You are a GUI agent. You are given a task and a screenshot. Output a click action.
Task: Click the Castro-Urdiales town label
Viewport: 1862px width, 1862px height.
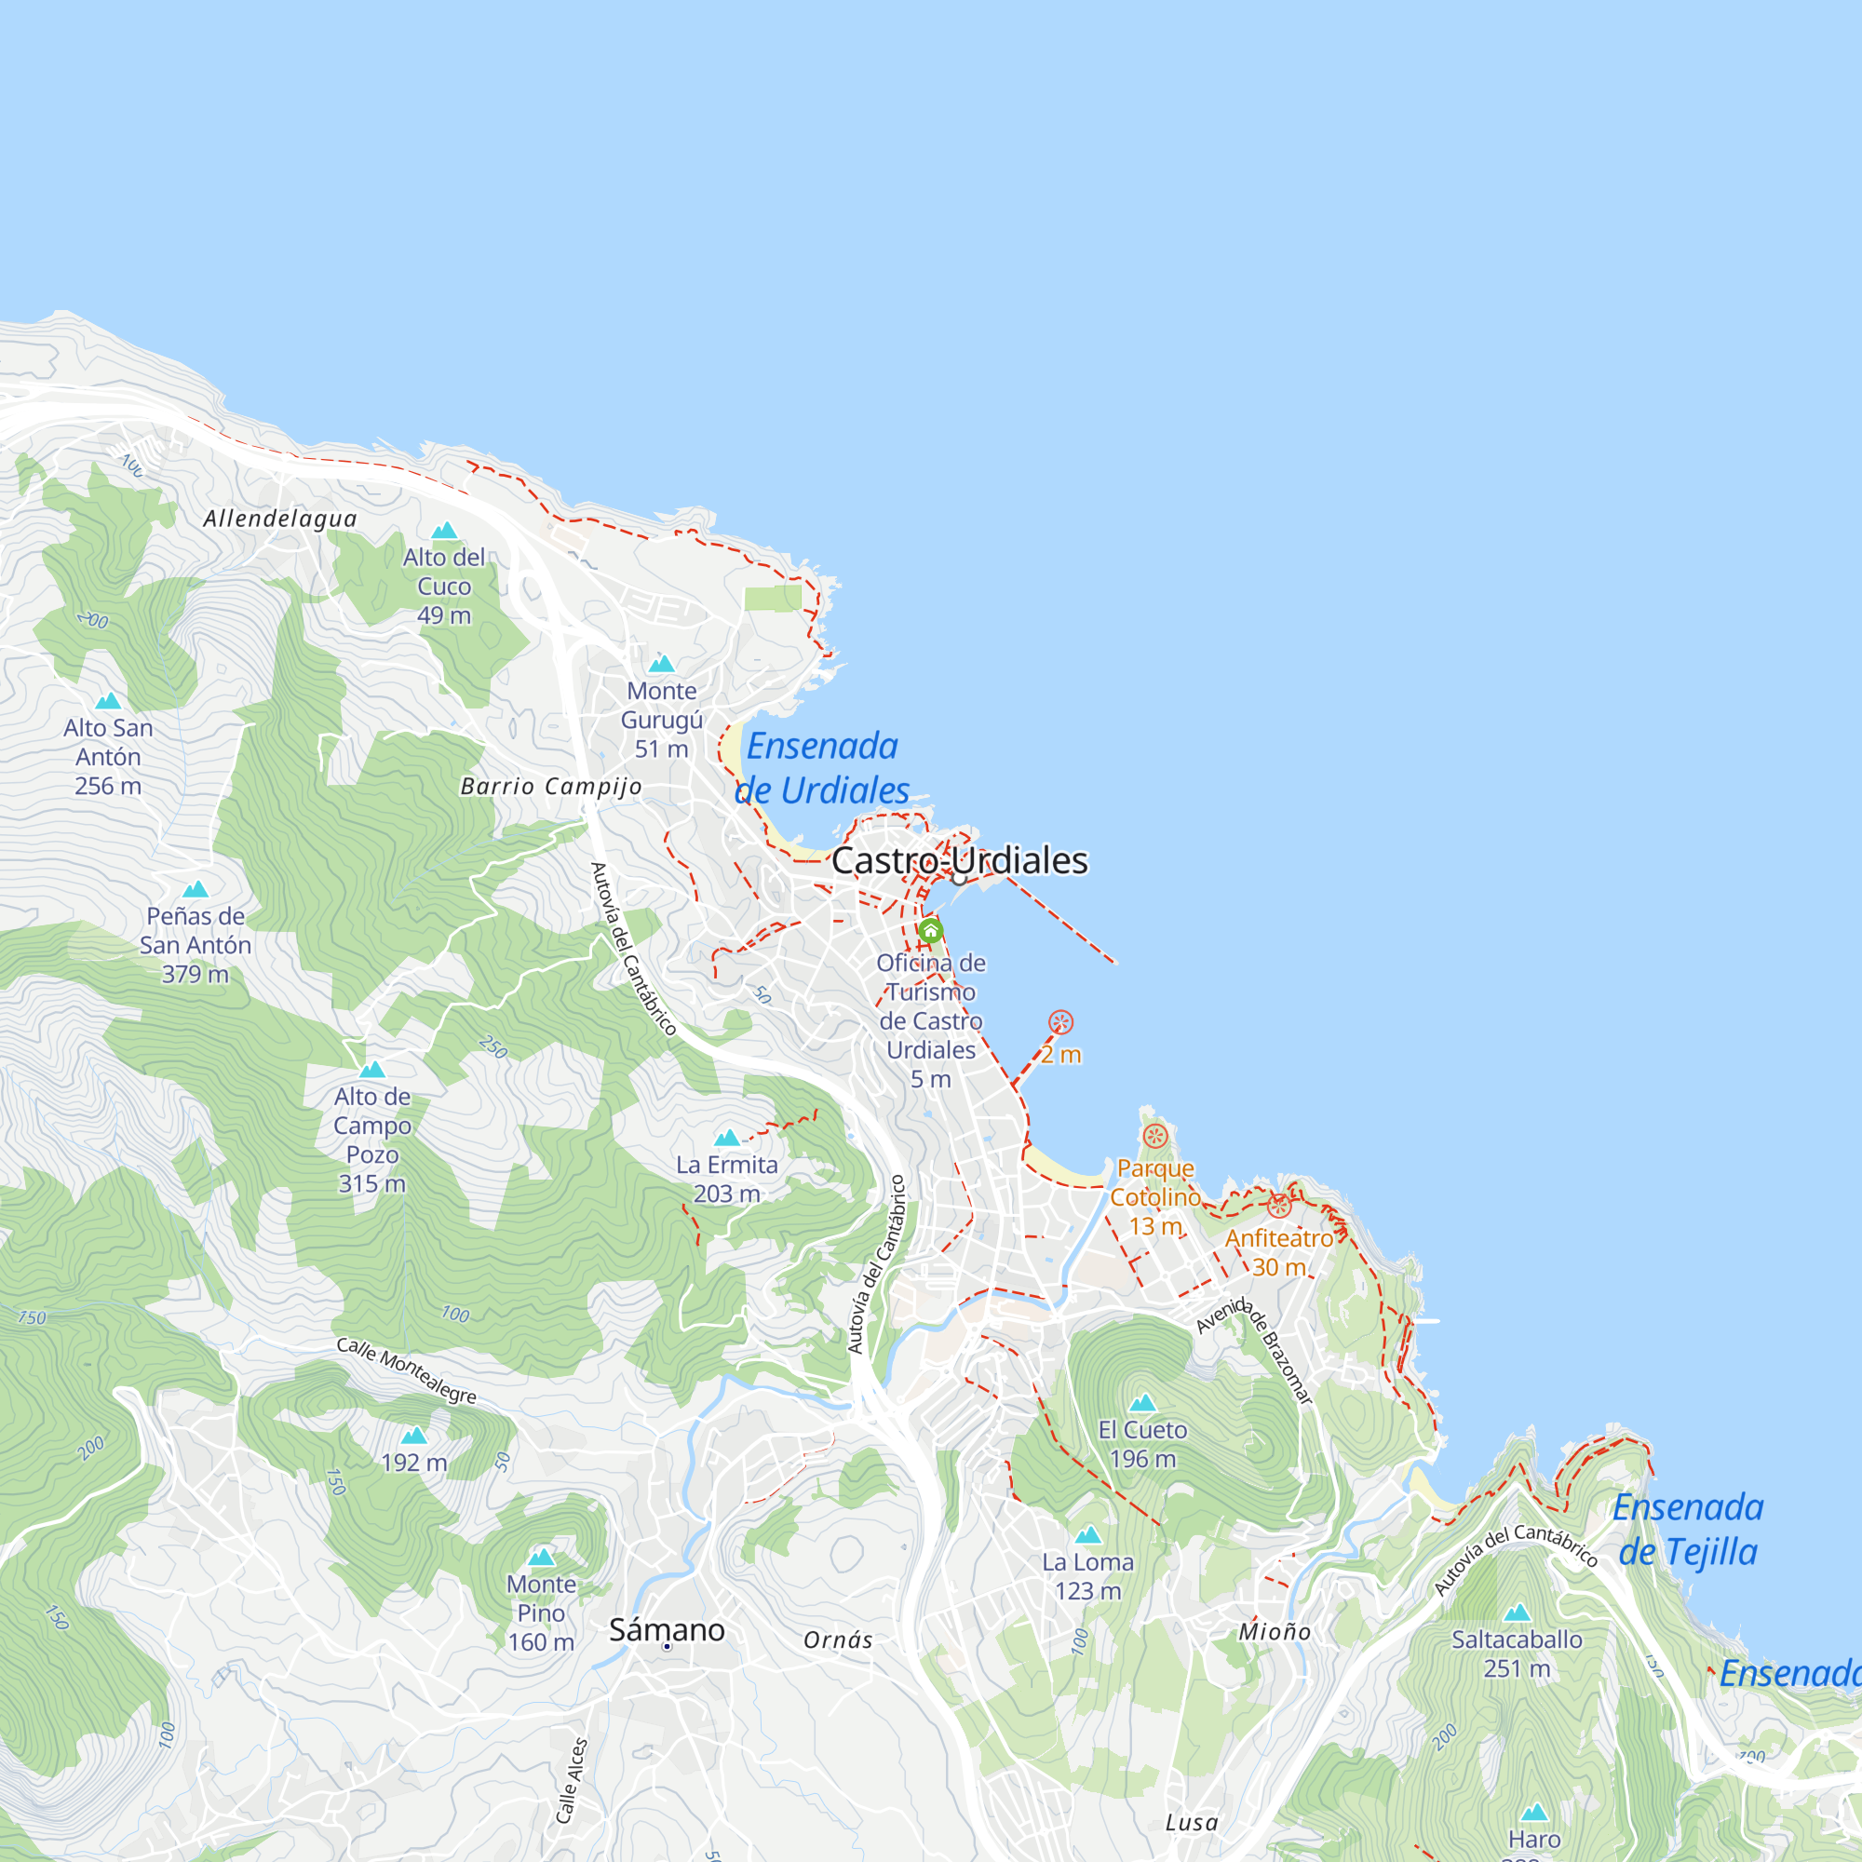tap(959, 860)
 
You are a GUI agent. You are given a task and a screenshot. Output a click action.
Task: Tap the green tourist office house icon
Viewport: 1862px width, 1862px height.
tap(930, 931)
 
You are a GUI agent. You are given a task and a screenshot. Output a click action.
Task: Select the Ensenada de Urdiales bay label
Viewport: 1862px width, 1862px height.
tap(822, 768)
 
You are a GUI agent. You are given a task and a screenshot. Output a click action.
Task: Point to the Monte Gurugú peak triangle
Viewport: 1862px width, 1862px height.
tap(661, 664)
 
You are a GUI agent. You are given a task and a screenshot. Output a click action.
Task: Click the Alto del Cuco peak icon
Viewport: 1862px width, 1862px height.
tap(444, 530)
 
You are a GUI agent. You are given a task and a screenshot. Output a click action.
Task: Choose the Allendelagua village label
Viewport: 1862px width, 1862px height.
tap(279, 519)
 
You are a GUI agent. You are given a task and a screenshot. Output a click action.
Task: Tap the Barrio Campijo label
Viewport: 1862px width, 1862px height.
tap(551, 787)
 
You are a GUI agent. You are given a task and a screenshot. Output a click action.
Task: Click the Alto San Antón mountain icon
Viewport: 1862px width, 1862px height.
tap(108, 701)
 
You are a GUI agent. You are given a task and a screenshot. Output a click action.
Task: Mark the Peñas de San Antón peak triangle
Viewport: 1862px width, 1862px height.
tap(196, 888)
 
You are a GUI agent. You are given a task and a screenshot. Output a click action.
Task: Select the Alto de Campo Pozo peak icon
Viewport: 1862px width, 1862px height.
tap(372, 1069)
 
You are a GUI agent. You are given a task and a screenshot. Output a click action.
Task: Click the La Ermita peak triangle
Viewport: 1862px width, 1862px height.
tap(727, 1138)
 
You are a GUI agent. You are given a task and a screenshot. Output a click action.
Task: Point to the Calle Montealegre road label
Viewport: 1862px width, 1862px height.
tap(407, 1370)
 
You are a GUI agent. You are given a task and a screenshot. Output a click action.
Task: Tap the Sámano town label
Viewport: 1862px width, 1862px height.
tap(667, 1630)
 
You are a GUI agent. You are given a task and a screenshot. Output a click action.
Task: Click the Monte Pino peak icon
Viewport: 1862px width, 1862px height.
tap(542, 1557)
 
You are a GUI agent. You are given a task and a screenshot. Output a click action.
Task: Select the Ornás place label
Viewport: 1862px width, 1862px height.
tap(839, 1640)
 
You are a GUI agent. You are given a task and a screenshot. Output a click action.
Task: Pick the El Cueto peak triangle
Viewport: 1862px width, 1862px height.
tap(1142, 1402)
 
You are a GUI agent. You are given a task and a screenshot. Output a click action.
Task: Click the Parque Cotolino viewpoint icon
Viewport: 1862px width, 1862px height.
tap(1154, 1136)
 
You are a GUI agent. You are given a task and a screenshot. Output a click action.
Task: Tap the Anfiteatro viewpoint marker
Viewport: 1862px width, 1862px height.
tap(1279, 1206)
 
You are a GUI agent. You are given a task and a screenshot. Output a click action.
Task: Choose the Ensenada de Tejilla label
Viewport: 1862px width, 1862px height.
tap(1689, 1530)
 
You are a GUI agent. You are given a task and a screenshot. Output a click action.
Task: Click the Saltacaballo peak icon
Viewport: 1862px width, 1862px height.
tap(1517, 1612)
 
